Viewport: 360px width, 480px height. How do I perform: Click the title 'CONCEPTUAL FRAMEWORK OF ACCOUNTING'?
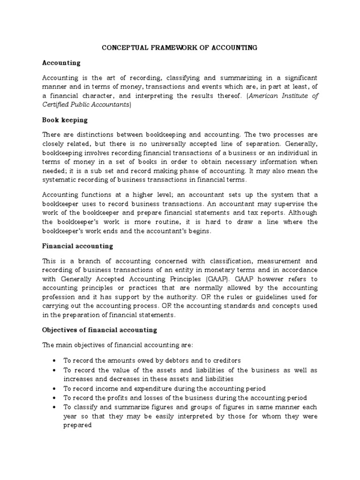pos(180,47)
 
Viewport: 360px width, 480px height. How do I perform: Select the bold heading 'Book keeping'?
pos(62,120)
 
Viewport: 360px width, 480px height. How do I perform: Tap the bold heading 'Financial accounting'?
pos(77,246)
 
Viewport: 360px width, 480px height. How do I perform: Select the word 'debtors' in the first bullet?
pos(180,360)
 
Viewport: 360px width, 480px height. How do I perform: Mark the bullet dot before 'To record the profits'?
pos(56,398)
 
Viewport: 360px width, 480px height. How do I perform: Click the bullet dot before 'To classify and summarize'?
pos(56,407)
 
